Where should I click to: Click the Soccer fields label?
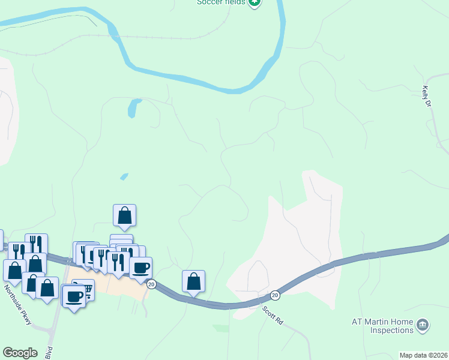pyautogui.click(x=221, y=2)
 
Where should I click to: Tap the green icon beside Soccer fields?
pyautogui.click(x=255, y=2)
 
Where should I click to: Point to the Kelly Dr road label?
pyautogui.click(x=427, y=97)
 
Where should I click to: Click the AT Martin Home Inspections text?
pyautogui.click(x=383, y=326)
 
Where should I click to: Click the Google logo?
pyautogui.click(x=20, y=353)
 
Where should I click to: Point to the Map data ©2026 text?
pyautogui.click(x=423, y=355)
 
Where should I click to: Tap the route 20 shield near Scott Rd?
pyautogui.click(x=274, y=295)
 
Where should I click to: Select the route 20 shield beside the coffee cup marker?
pyautogui.click(x=151, y=284)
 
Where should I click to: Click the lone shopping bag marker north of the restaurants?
pyautogui.click(x=124, y=215)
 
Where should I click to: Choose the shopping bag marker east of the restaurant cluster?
pyautogui.click(x=193, y=281)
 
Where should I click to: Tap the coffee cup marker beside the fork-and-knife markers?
pyautogui.click(x=141, y=268)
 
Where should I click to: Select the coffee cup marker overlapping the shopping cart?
pyautogui.click(x=74, y=296)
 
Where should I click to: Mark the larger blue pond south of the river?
pyautogui.click(x=133, y=109)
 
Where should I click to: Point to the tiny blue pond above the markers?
pyautogui.click(x=124, y=176)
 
